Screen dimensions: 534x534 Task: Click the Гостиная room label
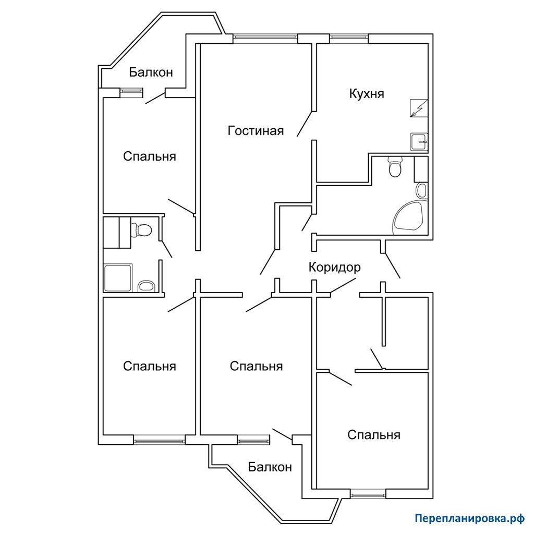[x=256, y=131]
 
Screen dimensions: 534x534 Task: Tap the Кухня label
[x=367, y=94]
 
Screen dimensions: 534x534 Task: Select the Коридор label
[x=334, y=268]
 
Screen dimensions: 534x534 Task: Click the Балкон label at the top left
[x=151, y=72]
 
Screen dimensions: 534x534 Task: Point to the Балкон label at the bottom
[x=270, y=467]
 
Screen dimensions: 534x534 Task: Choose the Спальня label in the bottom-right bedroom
[x=373, y=435]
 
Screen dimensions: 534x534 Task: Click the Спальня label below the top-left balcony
[x=150, y=156]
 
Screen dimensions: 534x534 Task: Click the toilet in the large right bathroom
[x=395, y=166]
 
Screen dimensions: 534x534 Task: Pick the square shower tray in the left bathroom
[x=118, y=277]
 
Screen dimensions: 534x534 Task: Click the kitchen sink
[x=419, y=141]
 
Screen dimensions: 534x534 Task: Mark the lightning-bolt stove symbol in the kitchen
[x=419, y=108]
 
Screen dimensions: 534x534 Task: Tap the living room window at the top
[x=265, y=38]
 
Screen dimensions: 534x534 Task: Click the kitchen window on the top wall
[x=349, y=38]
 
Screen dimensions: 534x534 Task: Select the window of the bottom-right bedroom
[x=368, y=494]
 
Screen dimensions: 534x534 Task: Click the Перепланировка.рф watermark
[x=470, y=518]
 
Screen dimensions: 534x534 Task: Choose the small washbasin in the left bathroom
[x=147, y=286]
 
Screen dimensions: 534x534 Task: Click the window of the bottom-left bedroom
[x=159, y=440]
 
